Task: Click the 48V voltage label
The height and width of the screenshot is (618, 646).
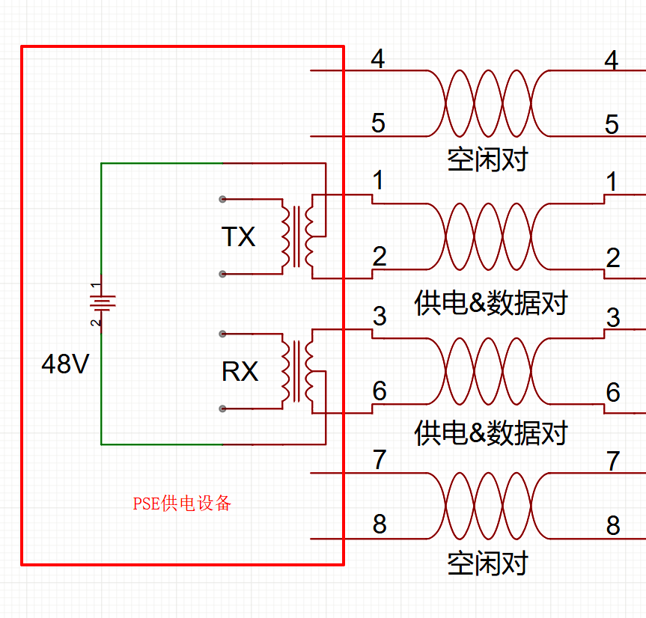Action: (66, 364)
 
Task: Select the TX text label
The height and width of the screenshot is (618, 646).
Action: (239, 237)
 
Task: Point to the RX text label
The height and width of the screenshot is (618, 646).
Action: (240, 371)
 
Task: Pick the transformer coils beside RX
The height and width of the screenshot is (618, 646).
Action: (303, 370)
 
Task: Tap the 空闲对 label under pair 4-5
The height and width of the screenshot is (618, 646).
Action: (487, 159)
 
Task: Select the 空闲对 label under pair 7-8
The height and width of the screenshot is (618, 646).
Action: (487, 563)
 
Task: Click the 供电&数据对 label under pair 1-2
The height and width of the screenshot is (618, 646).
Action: (491, 303)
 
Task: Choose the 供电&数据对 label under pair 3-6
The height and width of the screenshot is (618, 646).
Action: (491, 433)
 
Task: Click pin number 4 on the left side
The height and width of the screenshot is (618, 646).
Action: (378, 59)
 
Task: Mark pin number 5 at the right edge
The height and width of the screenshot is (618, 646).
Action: (612, 124)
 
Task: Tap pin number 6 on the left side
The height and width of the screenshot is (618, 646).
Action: (380, 391)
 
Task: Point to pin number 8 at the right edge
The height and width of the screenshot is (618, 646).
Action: (613, 526)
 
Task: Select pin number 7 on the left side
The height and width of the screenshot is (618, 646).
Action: (380, 460)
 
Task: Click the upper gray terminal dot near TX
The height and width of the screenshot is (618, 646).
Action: (222, 199)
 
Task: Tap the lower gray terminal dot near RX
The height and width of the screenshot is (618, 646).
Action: (222, 409)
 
